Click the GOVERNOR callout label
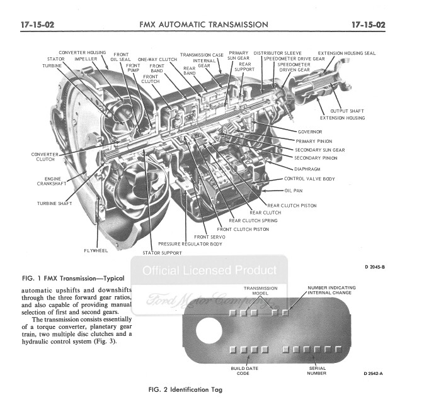309,132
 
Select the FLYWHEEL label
96,250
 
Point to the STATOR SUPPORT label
162,253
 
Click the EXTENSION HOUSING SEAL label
347,53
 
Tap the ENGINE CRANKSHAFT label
49,182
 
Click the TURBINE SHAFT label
55,203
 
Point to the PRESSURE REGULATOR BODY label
190,243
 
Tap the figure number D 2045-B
374,267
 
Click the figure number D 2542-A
374,374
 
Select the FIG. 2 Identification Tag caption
185,389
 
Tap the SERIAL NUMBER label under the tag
316,371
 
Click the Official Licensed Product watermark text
209,271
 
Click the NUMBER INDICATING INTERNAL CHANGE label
331,290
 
